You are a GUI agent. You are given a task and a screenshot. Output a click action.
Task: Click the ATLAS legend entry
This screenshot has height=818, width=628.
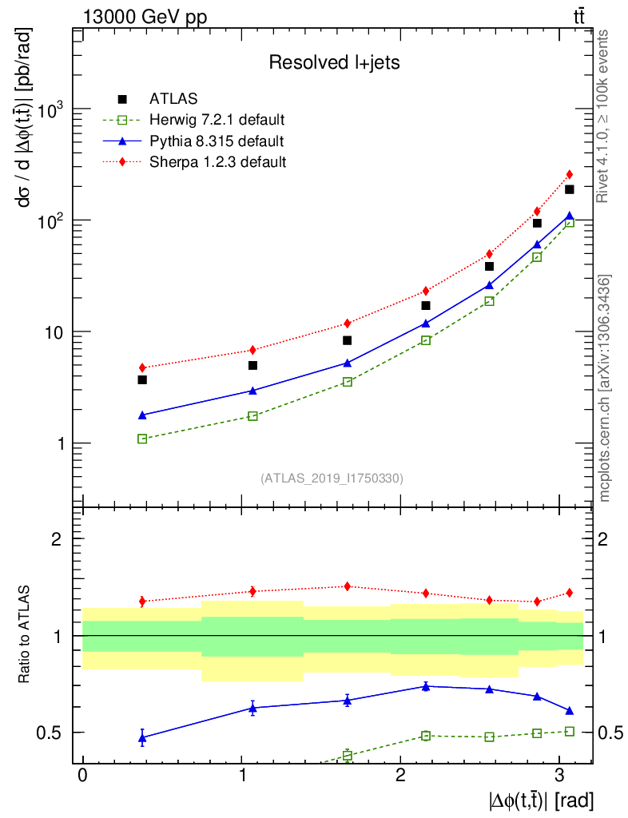(x=168, y=99)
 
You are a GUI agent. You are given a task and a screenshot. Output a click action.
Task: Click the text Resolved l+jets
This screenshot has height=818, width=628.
(x=334, y=62)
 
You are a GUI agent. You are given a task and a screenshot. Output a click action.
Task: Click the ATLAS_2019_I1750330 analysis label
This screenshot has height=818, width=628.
(x=332, y=478)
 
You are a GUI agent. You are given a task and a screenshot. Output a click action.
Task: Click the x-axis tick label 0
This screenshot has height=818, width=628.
(x=82, y=776)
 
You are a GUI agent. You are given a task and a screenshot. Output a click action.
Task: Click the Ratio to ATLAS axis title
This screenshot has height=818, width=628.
(x=25, y=636)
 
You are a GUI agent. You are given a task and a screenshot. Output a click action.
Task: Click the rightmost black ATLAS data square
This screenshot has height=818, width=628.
(x=570, y=189)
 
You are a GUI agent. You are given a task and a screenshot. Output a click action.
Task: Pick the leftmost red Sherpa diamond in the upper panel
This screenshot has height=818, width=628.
(x=142, y=367)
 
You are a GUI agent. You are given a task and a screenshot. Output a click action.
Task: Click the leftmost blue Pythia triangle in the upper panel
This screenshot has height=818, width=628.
(x=142, y=415)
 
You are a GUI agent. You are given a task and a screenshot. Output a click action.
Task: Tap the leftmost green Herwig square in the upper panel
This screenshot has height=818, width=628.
(x=142, y=439)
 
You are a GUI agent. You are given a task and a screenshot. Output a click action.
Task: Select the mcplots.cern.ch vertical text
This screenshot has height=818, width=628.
(x=605, y=388)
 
